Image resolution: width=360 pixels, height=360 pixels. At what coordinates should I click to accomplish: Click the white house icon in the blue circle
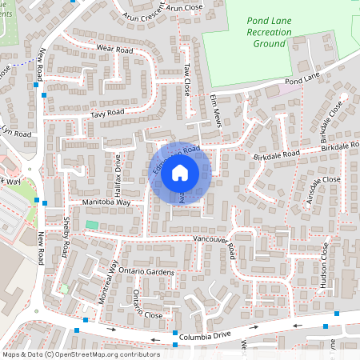point(180,173)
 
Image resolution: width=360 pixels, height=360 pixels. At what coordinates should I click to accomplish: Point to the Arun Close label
point(186,6)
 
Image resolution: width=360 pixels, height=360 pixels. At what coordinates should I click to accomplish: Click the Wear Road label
point(114,49)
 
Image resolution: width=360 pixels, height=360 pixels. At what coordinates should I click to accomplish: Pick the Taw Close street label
point(186,80)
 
